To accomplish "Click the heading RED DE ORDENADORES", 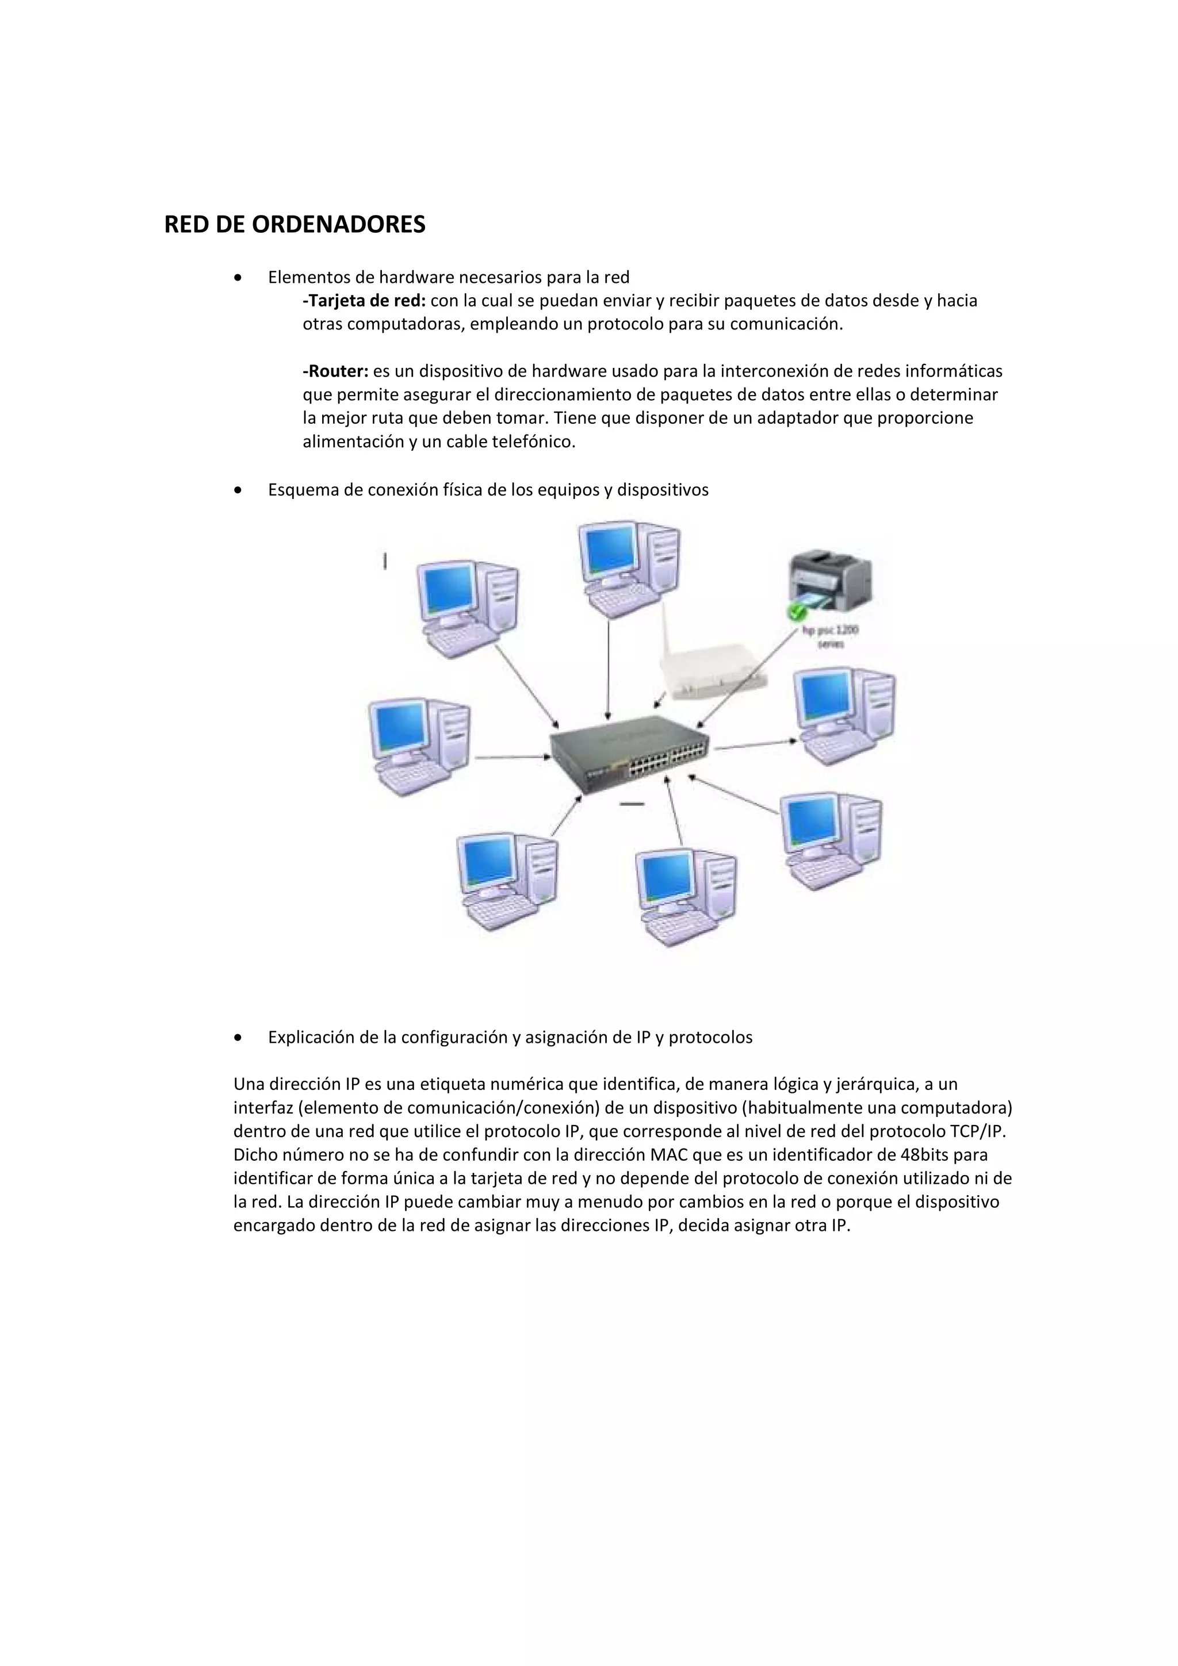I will [294, 225].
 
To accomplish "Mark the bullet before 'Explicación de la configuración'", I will [238, 1038].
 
